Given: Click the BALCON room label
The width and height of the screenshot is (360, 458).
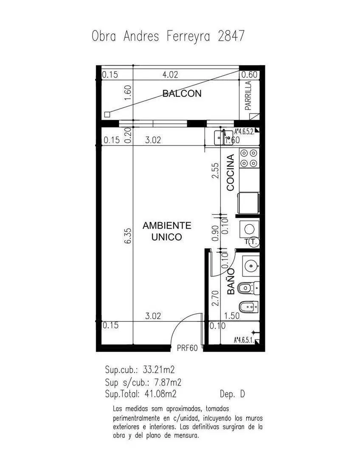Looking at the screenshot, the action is (x=182, y=93).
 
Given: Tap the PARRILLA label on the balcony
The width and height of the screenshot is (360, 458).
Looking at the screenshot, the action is (x=248, y=95).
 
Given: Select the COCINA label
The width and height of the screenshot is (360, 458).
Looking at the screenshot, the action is (x=231, y=173).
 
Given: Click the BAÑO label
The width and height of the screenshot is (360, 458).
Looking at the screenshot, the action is (x=231, y=282).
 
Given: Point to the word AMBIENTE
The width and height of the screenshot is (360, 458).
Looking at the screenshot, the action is (x=167, y=226).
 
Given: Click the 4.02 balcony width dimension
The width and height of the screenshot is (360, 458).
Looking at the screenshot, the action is (x=170, y=75).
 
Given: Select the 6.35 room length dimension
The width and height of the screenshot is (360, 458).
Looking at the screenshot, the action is (x=128, y=236).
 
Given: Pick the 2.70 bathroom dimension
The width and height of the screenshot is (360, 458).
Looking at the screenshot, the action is (x=216, y=298).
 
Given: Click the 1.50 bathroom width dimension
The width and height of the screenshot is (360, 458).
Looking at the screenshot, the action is (x=232, y=316).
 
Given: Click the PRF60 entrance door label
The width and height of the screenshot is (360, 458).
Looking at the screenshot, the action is (x=187, y=348).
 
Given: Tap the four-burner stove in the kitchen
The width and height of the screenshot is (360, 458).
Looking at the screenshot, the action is (x=249, y=158).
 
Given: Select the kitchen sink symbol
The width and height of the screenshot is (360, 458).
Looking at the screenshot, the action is (x=223, y=137).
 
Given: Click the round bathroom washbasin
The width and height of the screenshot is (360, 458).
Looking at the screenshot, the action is (x=251, y=265).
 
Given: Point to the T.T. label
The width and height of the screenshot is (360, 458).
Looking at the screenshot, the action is (x=251, y=242).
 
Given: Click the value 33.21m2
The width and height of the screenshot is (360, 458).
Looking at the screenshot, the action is (x=158, y=370).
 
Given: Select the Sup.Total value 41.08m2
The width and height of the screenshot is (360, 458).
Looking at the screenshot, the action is (x=160, y=394).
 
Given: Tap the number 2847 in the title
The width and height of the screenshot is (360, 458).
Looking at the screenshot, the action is (x=231, y=36).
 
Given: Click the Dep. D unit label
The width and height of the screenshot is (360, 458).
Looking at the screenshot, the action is (x=232, y=394).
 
